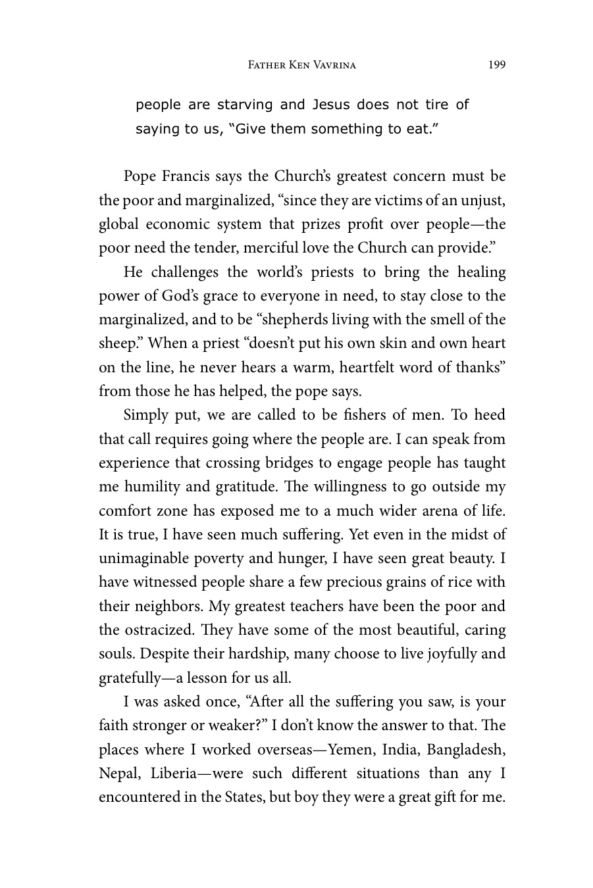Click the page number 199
pyautogui.click(x=497, y=65)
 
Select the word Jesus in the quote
pyautogui.click(x=332, y=105)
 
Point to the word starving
pyautogui.click(x=245, y=105)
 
